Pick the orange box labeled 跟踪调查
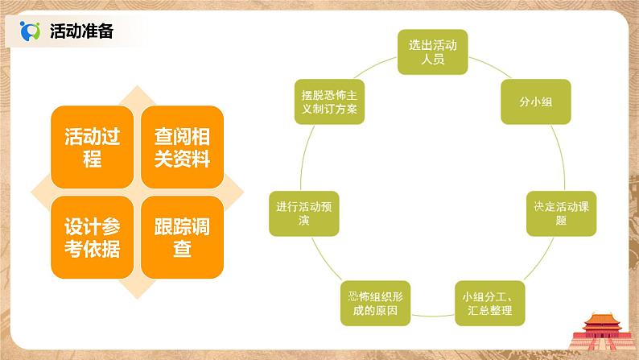[182, 238]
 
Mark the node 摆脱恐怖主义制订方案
[328, 101]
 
